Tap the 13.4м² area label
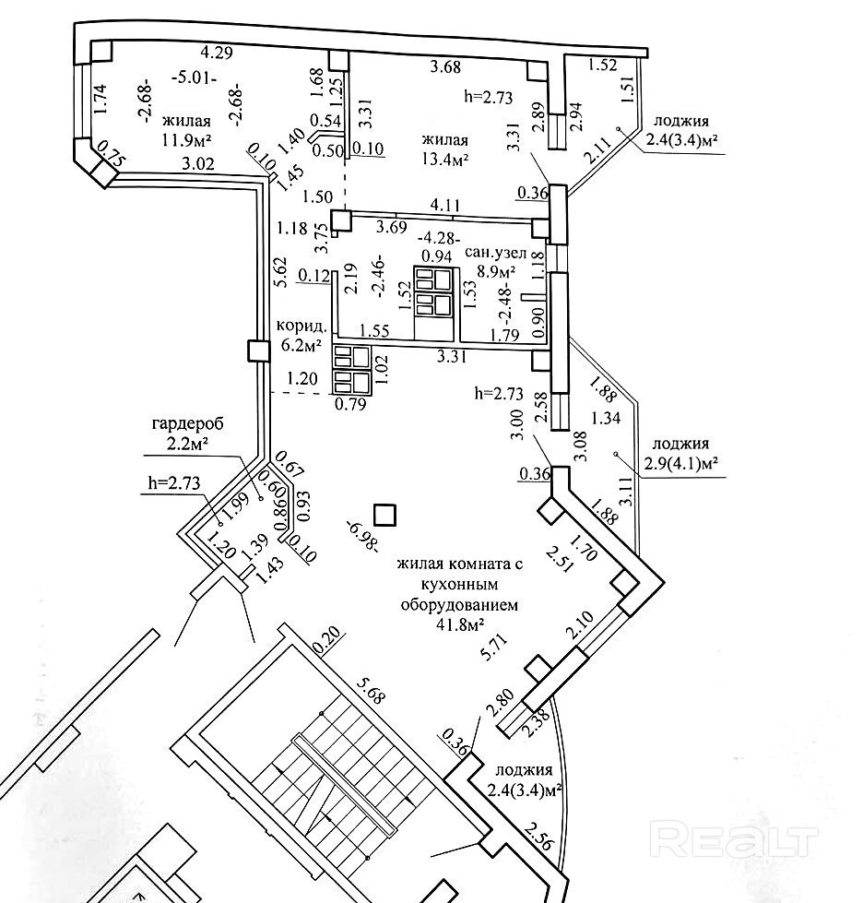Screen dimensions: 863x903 (x=444, y=159)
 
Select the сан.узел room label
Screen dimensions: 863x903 (x=488, y=252)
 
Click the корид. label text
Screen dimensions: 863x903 (x=301, y=327)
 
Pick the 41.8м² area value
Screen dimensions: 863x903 (x=459, y=624)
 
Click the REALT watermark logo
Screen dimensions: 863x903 (x=735, y=841)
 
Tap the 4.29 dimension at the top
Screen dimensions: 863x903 (x=217, y=53)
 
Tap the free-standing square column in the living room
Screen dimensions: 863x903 (x=384, y=516)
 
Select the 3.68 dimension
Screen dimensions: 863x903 (x=446, y=67)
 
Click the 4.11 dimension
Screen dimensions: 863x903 (x=447, y=205)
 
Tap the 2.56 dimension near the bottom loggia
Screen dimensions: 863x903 (x=538, y=838)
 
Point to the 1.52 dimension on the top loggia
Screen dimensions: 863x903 (x=603, y=65)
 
